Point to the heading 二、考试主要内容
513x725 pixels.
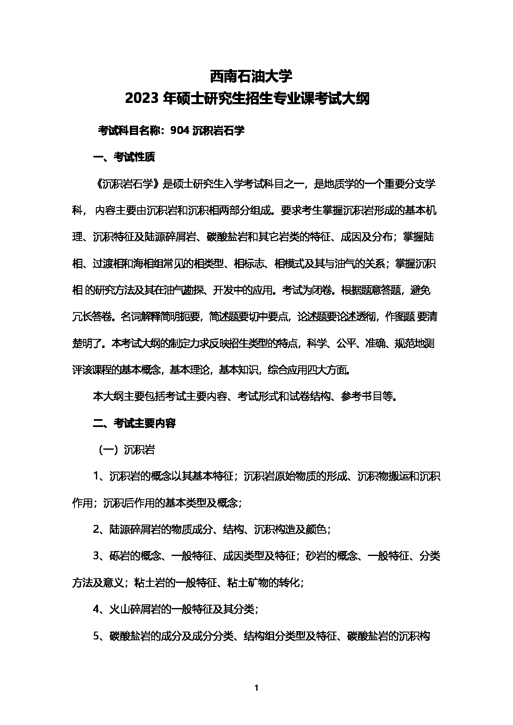coord(134,423)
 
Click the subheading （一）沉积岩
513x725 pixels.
coord(126,450)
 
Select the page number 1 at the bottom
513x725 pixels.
coord(256,688)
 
